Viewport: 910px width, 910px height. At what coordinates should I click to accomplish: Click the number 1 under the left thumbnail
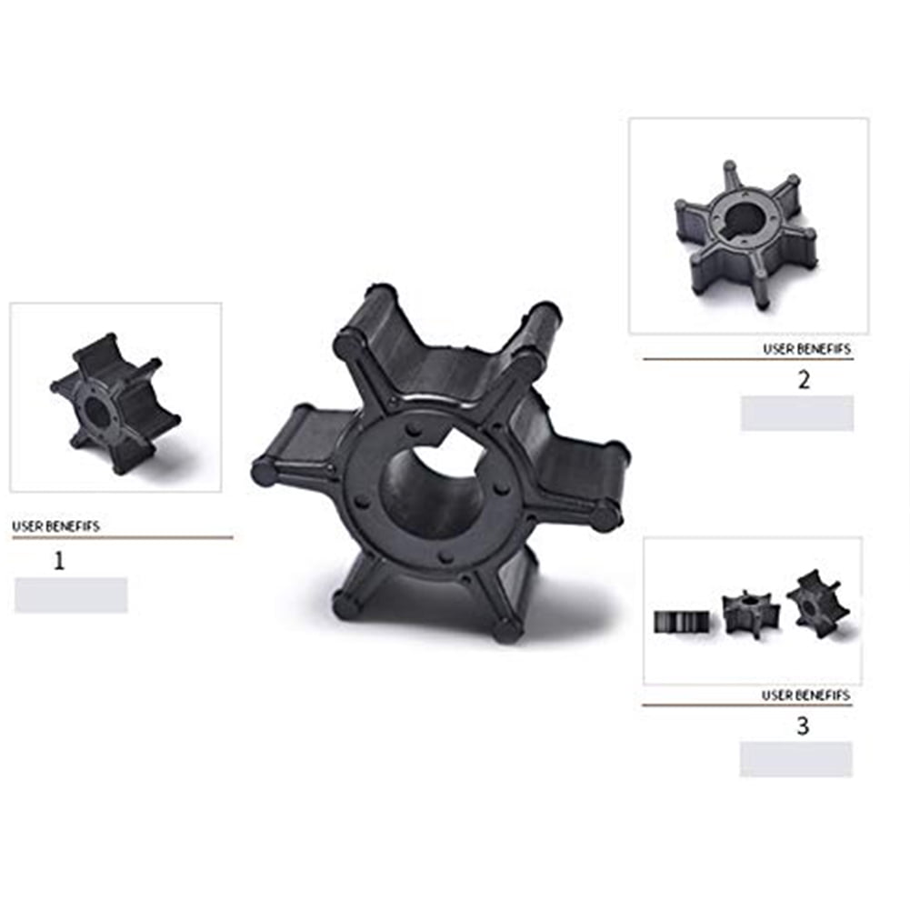click(58, 561)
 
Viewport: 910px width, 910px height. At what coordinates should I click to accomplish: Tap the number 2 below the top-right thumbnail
click(804, 380)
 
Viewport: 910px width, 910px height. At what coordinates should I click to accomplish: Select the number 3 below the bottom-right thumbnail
click(803, 725)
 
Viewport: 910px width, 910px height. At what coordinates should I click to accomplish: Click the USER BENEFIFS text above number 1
click(55, 526)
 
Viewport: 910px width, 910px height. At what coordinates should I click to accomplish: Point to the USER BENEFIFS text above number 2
click(806, 349)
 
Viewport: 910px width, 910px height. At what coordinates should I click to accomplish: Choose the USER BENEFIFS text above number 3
click(805, 695)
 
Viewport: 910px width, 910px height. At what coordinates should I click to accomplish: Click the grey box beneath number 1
click(71, 595)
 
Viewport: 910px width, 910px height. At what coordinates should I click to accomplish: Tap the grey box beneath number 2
click(797, 414)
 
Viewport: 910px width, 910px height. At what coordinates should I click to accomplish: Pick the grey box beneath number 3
click(795, 759)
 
